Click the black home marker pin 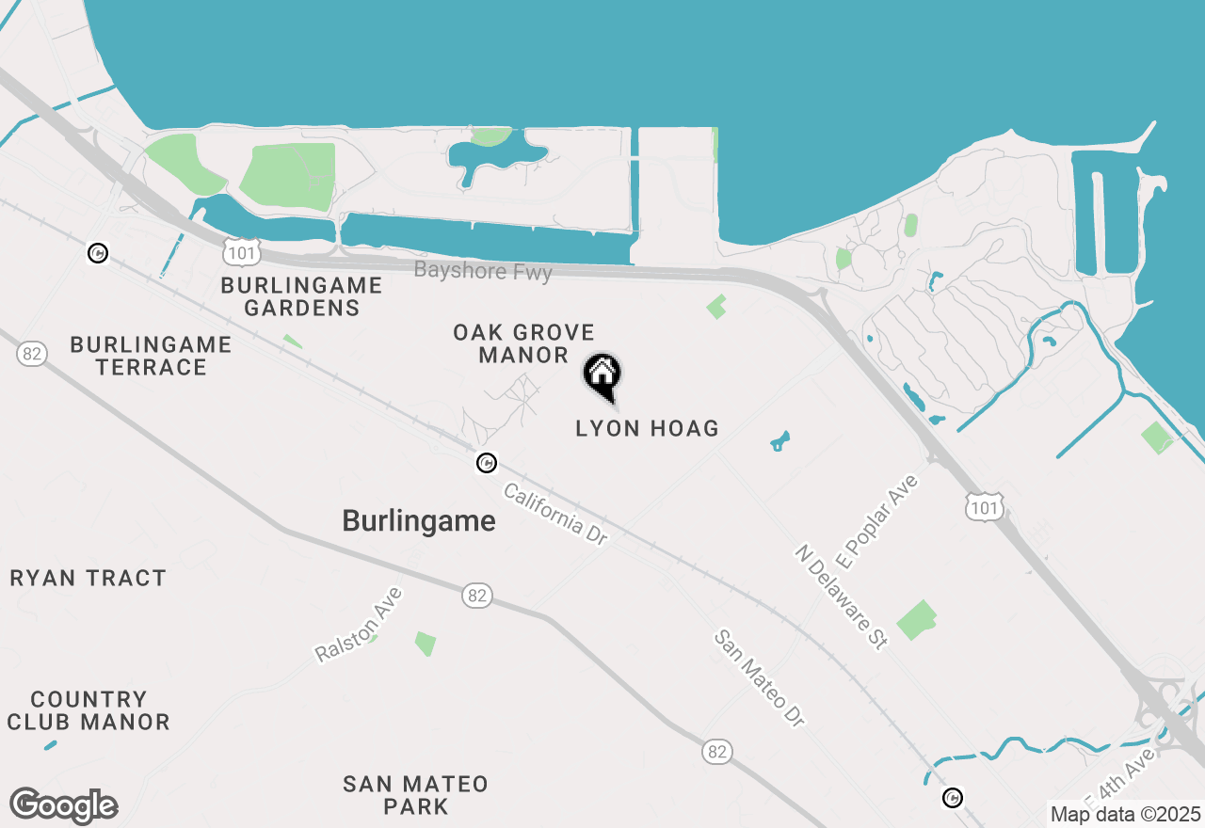(x=602, y=375)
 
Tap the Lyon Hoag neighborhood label (x=647, y=429)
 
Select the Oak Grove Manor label (x=523, y=343)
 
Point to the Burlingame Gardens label (x=301, y=296)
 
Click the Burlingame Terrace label (x=151, y=356)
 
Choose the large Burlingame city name (x=419, y=521)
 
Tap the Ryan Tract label (x=88, y=578)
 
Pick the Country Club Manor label (x=88, y=710)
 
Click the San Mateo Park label (x=415, y=795)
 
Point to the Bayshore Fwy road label (x=483, y=271)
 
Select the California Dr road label (x=555, y=514)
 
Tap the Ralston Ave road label (x=359, y=624)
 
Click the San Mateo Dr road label (x=761, y=677)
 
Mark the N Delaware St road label (x=842, y=596)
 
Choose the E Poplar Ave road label (x=876, y=522)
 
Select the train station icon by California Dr (x=486, y=463)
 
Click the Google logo (x=64, y=806)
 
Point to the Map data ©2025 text (x=1125, y=814)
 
